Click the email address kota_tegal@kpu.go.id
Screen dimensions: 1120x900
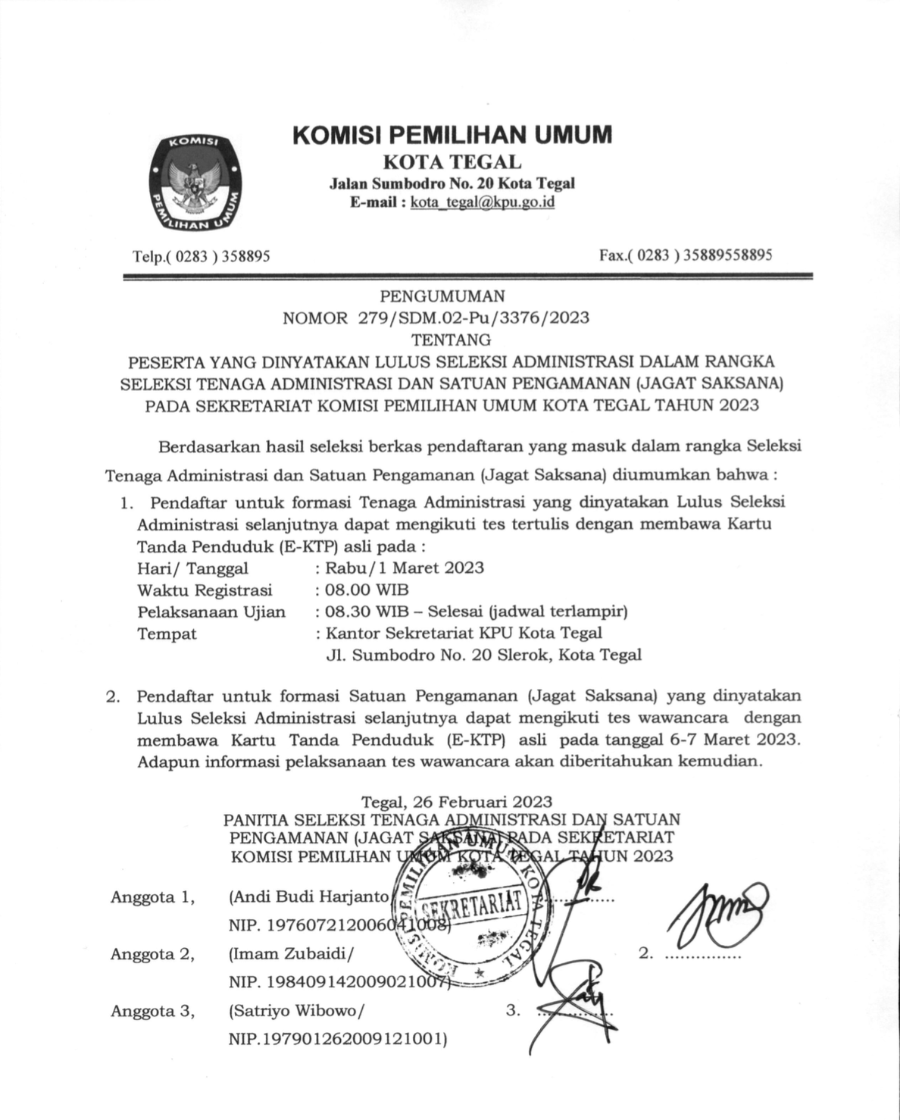point(482,203)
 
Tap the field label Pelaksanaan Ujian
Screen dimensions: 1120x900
point(211,612)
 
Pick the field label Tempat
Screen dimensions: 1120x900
point(167,634)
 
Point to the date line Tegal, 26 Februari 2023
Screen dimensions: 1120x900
point(457,801)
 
